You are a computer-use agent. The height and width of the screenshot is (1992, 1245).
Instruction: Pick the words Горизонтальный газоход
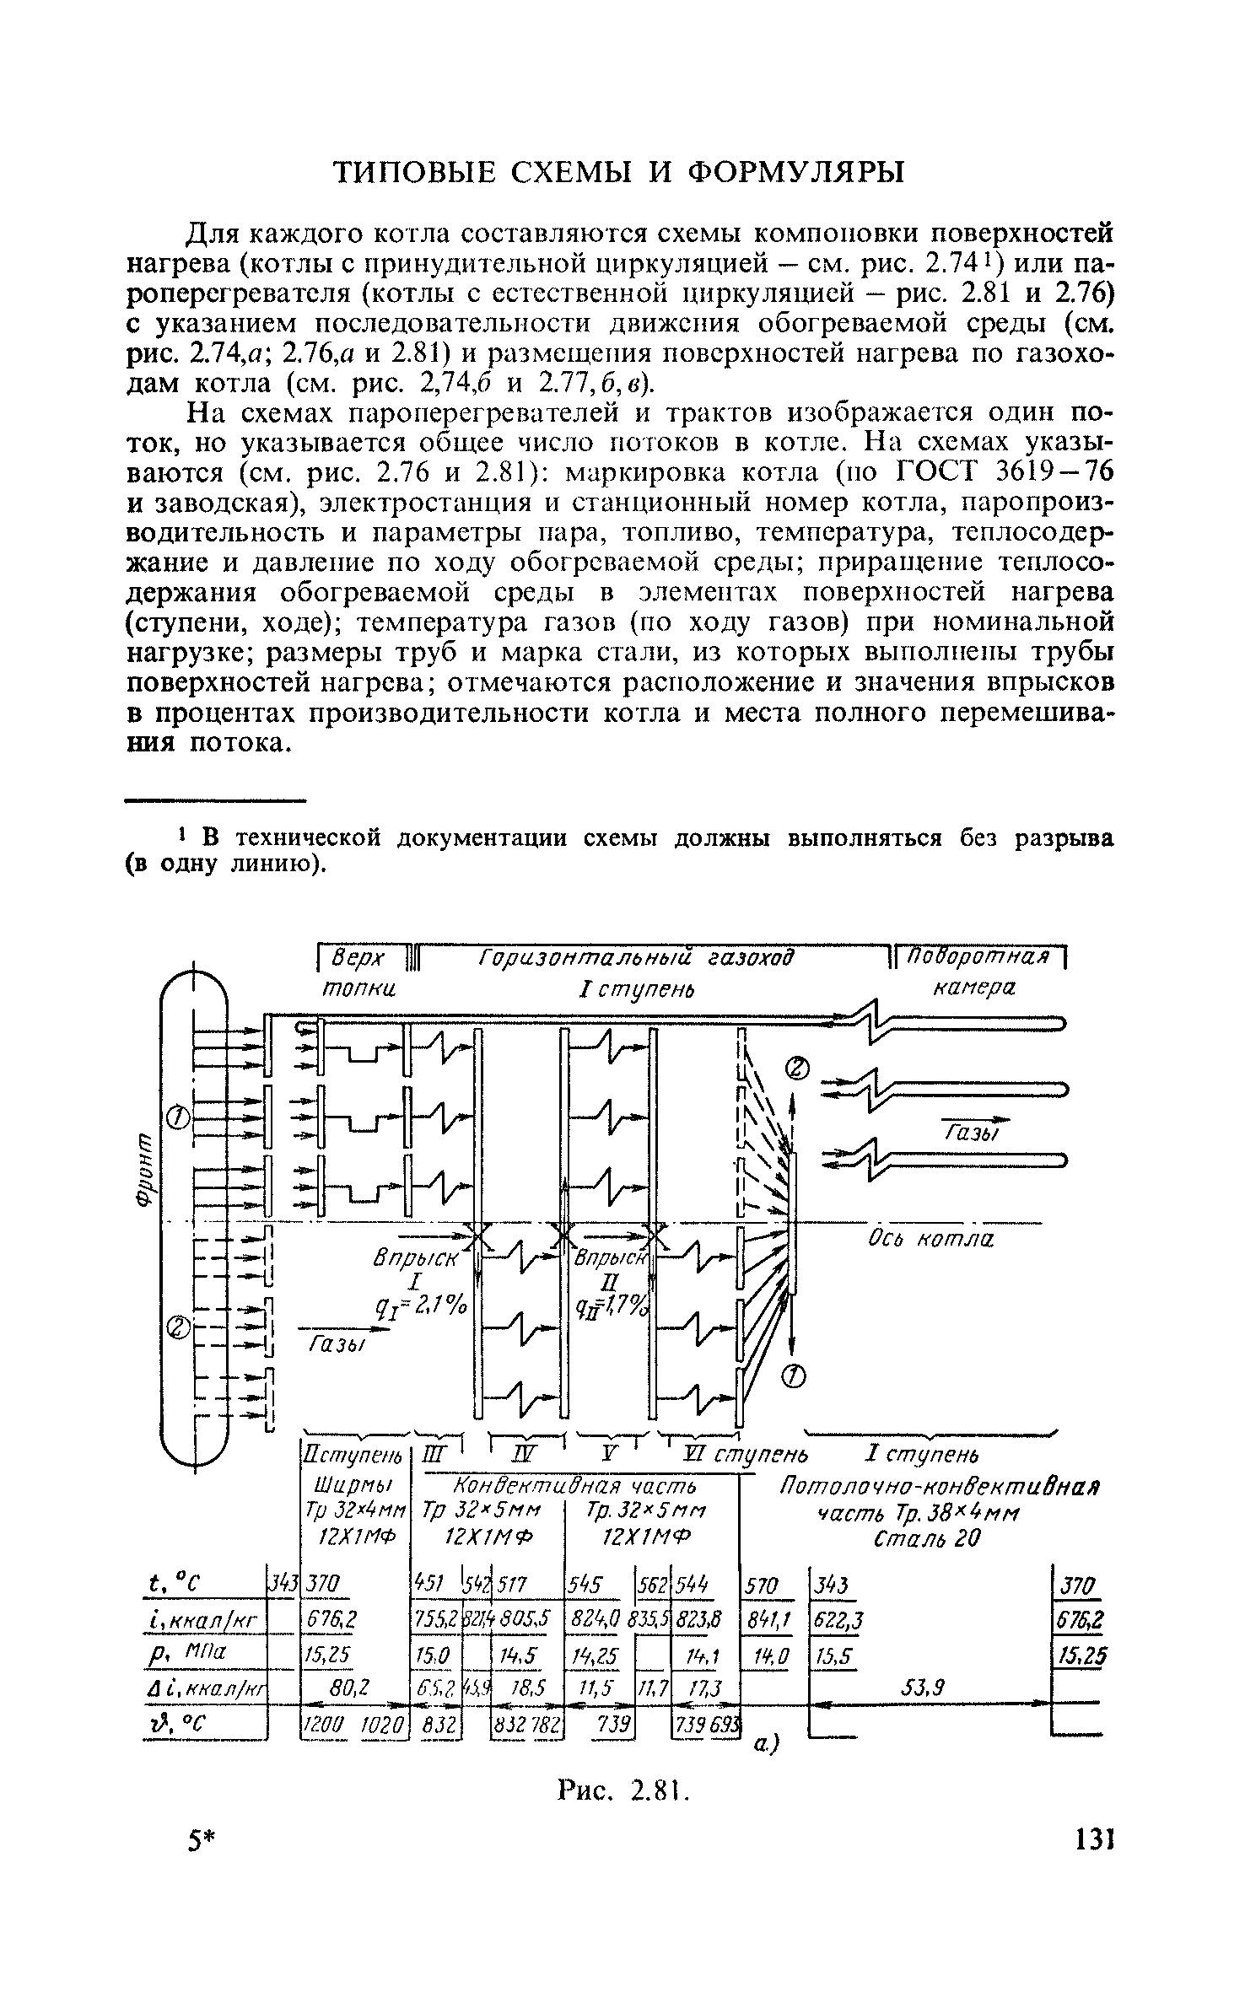[x=636, y=958]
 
